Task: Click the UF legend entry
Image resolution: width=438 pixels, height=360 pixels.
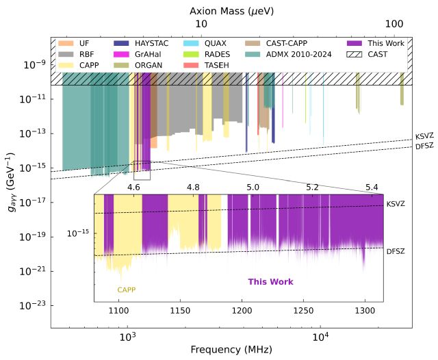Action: (x=84, y=43)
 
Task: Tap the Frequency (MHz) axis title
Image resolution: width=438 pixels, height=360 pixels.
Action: (x=231, y=350)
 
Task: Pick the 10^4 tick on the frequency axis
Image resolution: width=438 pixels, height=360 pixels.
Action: (x=320, y=337)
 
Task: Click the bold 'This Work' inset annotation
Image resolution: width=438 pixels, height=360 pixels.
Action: (x=270, y=281)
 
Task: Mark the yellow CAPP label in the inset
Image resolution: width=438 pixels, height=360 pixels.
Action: (x=127, y=290)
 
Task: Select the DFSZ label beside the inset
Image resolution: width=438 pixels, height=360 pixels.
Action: (x=396, y=252)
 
